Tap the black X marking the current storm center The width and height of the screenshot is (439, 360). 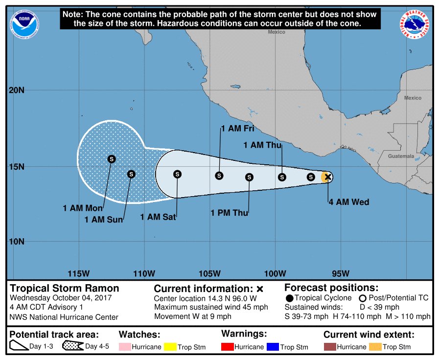pos(328,177)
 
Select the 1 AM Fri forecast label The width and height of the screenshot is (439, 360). pos(238,129)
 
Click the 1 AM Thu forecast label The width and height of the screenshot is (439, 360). pos(262,145)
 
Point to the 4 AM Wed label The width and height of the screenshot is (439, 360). pos(348,202)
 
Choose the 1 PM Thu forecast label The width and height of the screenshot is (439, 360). pos(229,213)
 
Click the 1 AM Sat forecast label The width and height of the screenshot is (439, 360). pos(158,217)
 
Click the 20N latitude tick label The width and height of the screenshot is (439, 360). pos(17,90)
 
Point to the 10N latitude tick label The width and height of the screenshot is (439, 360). pos(17,242)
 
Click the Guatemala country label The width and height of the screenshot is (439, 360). pos(401,156)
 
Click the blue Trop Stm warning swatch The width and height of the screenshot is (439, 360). pos(273,347)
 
